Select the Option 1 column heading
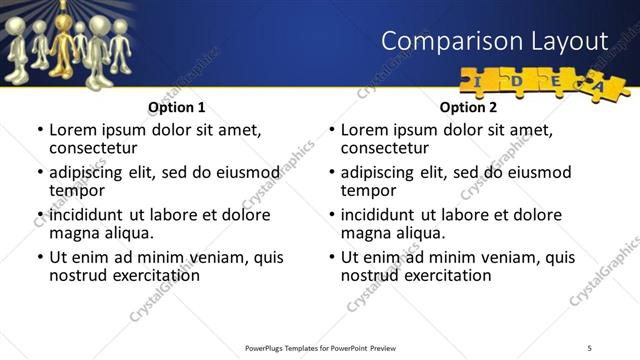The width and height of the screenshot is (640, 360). click(177, 106)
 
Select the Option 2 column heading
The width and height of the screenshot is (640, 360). click(468, 106)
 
